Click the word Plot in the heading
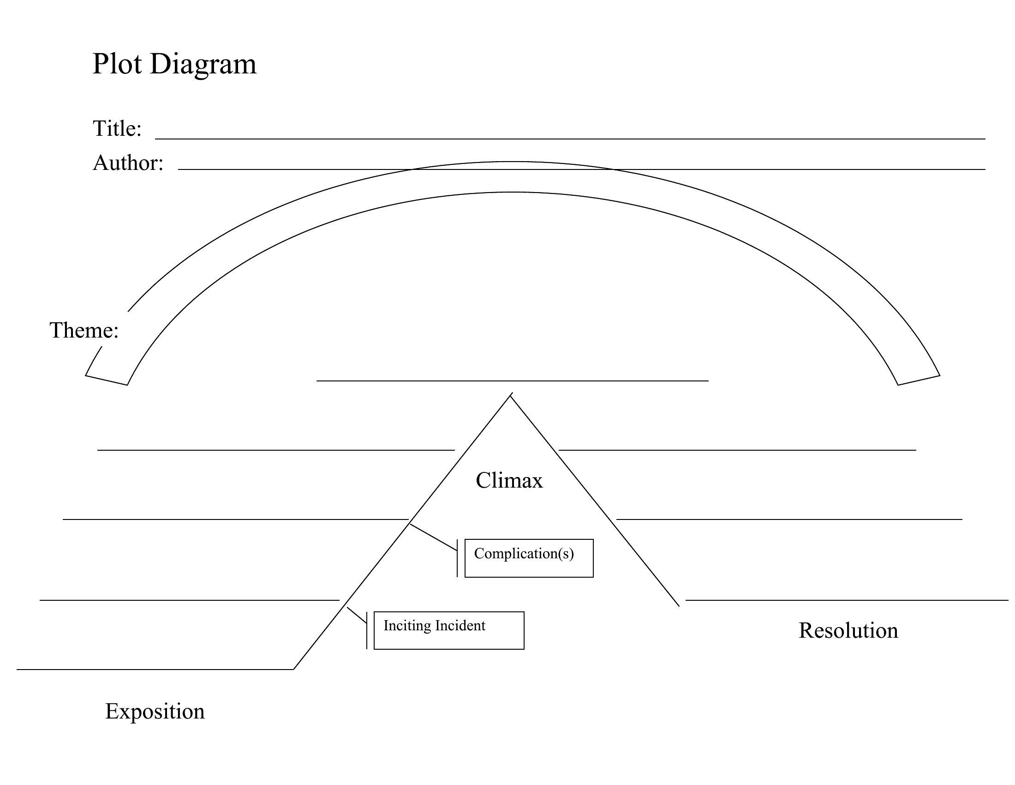(x=117, y=64)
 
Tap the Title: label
(x=117, y=128)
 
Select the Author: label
(x=128, y=163)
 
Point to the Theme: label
(x=84, y=330)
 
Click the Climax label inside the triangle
(x=509, y=480)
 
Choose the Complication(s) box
(x=529, y=558)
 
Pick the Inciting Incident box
(x=448, y=630)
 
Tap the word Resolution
(x=848, y=631)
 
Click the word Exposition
(x=155, y=711)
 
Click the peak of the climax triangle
(x=510, y=396)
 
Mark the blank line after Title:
(x=570, y=139)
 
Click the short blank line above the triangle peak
(x=512, y=381)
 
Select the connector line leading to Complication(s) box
(x=434, y=537)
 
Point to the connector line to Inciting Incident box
(x=357, y=615)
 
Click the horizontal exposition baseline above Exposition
(x=155, y=669)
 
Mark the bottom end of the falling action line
(x=679, y=605)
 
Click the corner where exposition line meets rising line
(x=294, y=669)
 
